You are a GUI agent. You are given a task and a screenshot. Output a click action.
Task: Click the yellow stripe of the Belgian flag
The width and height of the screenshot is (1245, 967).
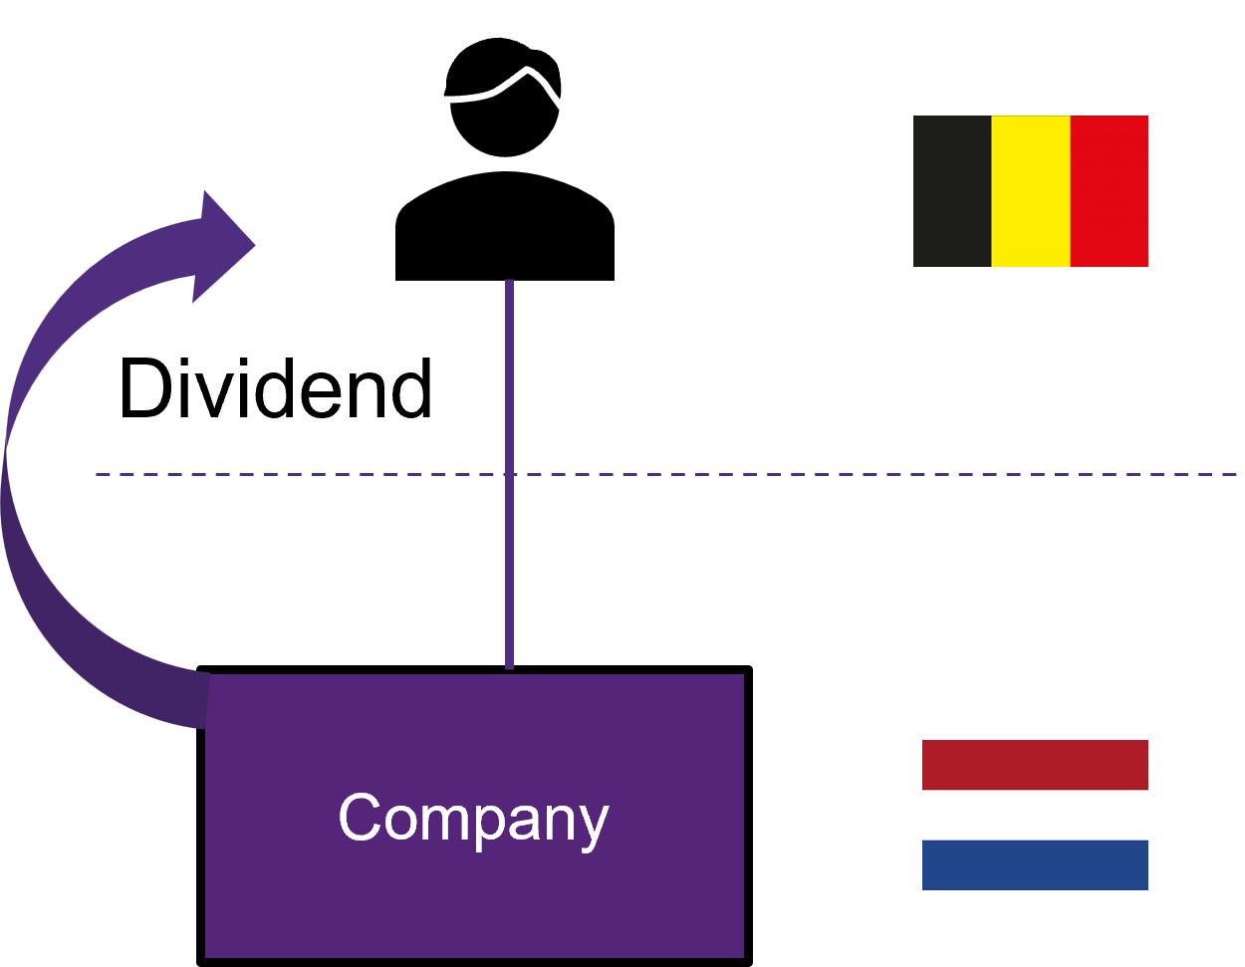point(1031,191)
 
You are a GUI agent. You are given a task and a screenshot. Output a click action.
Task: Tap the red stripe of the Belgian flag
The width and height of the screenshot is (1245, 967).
point(1110,191)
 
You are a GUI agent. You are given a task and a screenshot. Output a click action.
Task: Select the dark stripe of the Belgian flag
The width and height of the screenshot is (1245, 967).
point(952,191)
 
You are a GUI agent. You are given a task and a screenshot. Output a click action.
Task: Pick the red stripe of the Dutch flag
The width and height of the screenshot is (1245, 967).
point(1035,765)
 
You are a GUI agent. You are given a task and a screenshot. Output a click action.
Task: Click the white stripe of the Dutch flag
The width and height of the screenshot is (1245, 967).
point(1035,815)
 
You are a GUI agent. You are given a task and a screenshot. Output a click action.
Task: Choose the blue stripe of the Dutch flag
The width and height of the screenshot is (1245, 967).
point(1035,864)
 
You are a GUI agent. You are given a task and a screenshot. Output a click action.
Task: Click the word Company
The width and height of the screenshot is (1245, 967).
point(473,819)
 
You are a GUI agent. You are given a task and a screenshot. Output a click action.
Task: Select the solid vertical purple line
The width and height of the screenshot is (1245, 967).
point(509,378)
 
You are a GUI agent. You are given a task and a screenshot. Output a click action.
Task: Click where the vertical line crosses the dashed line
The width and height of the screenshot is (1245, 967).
point(509,474)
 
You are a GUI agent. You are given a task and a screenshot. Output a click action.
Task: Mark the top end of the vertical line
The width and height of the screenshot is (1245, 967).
point(509,283)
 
